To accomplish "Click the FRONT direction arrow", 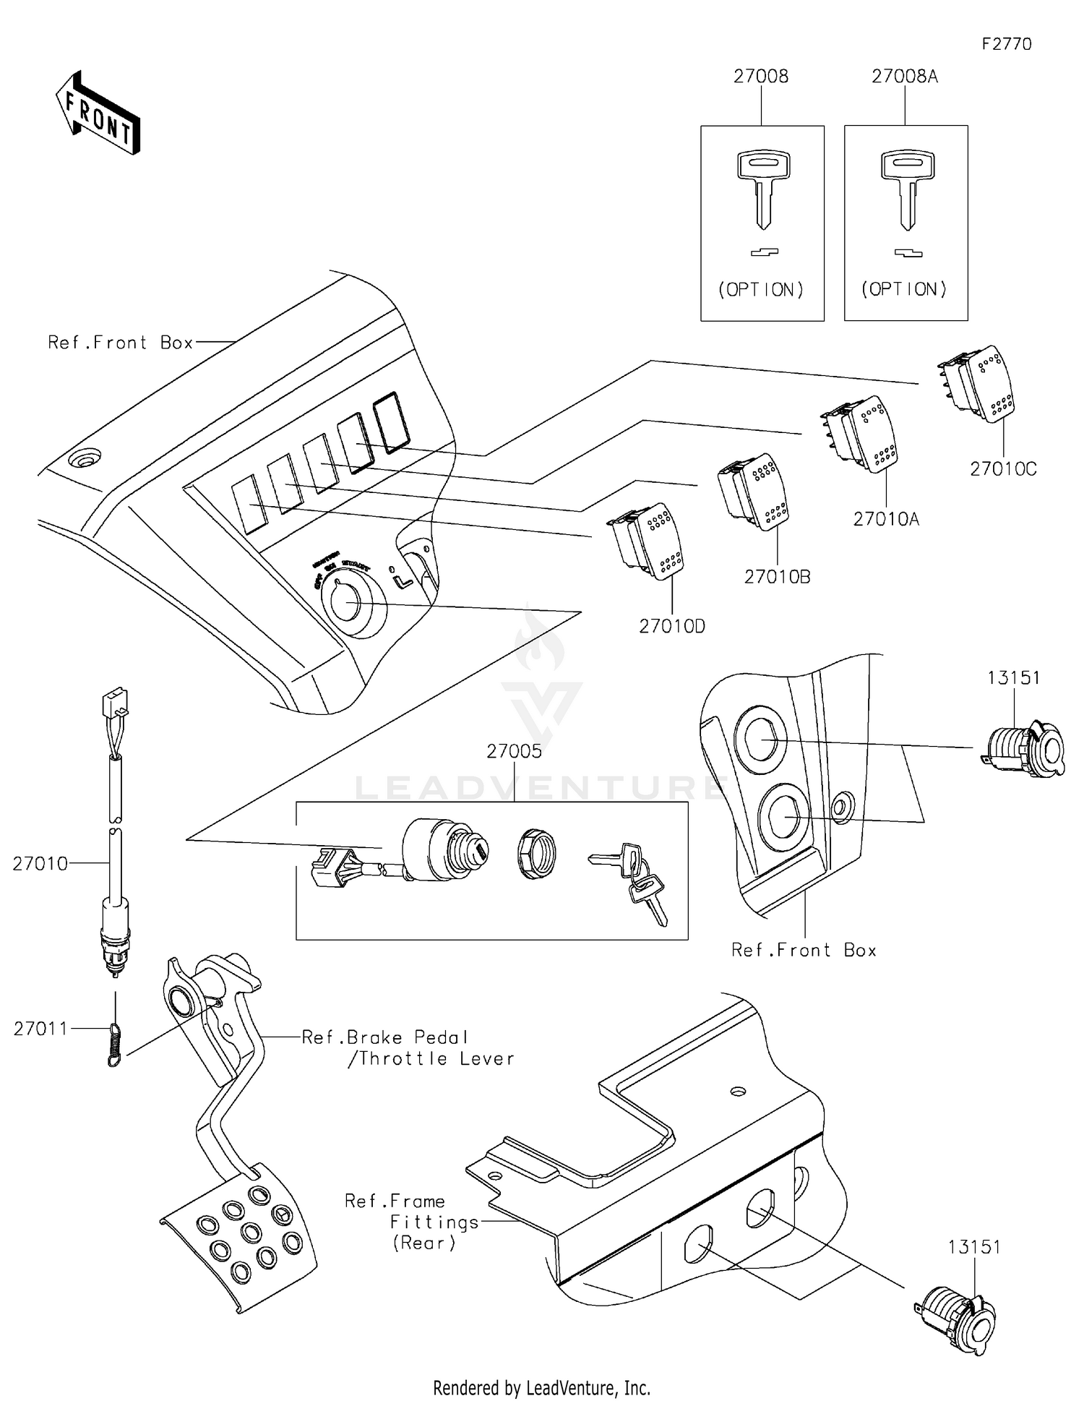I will (98, 114).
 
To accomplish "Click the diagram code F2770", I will (1006, 44).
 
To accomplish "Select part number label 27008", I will (760, 77).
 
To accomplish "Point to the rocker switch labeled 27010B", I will (754, 491).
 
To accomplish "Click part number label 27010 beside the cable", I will (40, 863).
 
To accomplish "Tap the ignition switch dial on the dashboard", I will (348, 602).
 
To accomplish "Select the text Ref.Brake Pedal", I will (385, 1037).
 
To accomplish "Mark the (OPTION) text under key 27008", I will (760, 290).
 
